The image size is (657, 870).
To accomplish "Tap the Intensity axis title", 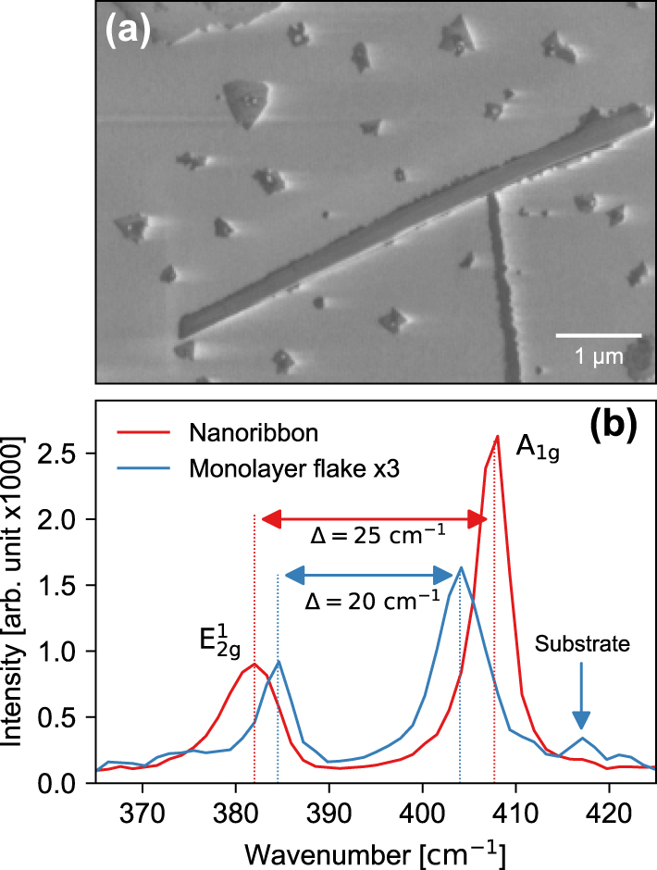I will pyautogui.click(x=19, y=592).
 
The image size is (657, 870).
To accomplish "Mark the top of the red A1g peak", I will pyautogui.click(x=498, y=436).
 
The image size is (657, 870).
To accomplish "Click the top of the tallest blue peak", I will pyautogui.click(x=461, y=567).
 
